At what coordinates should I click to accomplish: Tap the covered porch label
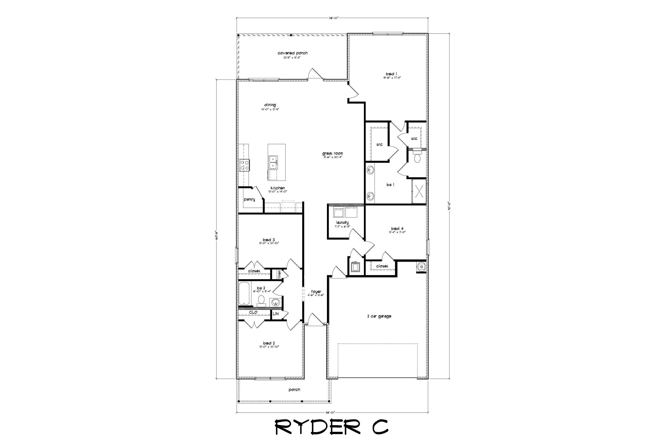coord(293,53)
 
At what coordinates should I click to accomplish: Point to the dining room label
coord(270,105)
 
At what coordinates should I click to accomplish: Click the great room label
coord(333,153)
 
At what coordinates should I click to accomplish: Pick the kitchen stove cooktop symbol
coord(48,165)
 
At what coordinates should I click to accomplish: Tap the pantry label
coord(249,199)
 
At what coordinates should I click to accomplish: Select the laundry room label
coord(342,223)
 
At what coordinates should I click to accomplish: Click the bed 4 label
coord(397,228)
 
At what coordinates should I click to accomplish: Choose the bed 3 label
coord(269,240)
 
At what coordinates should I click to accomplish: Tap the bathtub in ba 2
coord(245,294)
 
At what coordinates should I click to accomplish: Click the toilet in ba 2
coord(261,300)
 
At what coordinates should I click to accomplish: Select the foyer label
coord(316,292)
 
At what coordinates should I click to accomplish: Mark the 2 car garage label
coord(379,316)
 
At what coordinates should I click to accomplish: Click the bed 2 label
coord(269,343)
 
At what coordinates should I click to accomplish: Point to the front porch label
coord(294,389)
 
